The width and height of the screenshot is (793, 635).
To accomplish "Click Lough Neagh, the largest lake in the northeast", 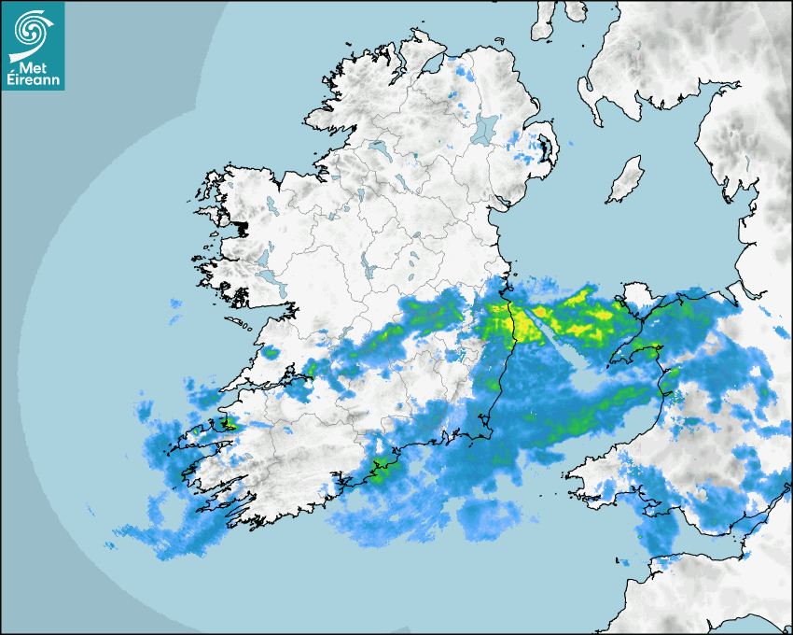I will tap(485, 128).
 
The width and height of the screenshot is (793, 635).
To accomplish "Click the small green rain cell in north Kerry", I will tap(271, 353).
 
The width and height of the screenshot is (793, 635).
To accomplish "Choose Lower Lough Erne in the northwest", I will tap(378, 148).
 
